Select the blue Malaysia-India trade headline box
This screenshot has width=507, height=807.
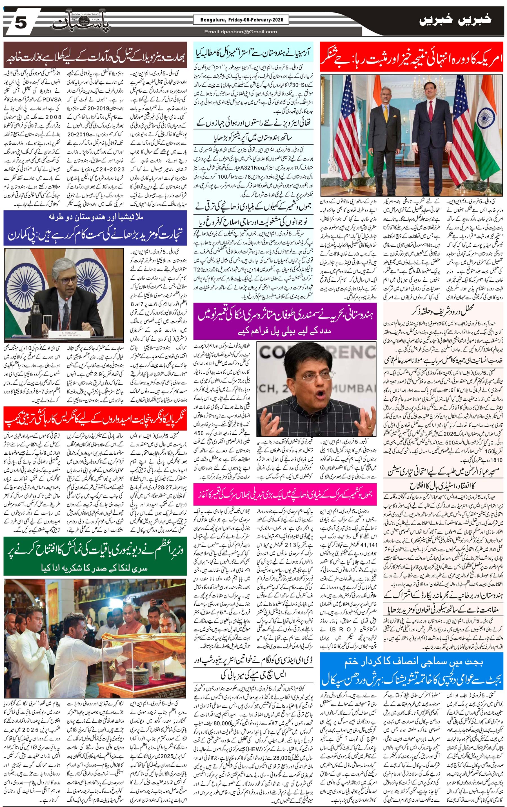tap(95, 228)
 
